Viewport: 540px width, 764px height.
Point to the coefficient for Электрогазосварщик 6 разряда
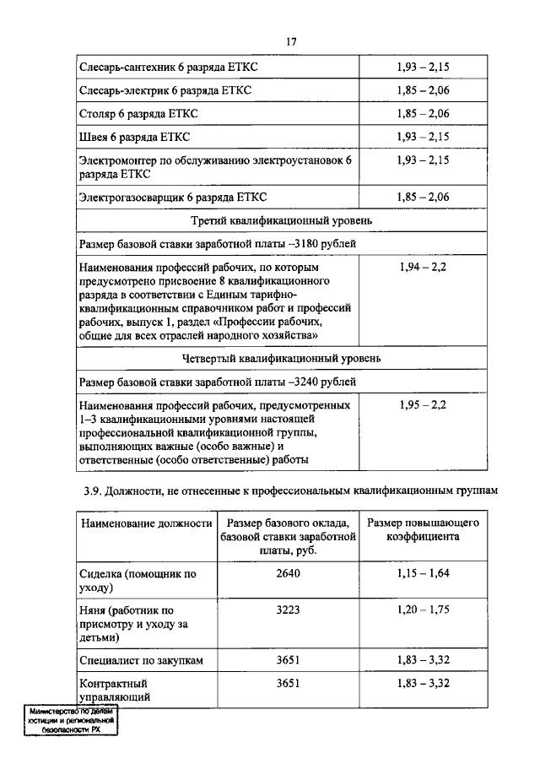point(423,198)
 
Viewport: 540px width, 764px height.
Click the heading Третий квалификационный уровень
point(282,220)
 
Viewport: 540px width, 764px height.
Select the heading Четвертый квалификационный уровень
point(282,358)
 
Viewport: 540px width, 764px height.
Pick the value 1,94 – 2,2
point(423,267)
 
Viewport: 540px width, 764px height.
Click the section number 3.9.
point(91,490)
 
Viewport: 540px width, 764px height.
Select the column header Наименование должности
point(145,523)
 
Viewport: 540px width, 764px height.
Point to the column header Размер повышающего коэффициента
point(423,529)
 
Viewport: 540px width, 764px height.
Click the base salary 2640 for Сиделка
point(288,573)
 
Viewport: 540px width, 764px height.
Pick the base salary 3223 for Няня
point(288,610)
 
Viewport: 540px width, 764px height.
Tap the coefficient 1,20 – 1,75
point(423,610)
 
